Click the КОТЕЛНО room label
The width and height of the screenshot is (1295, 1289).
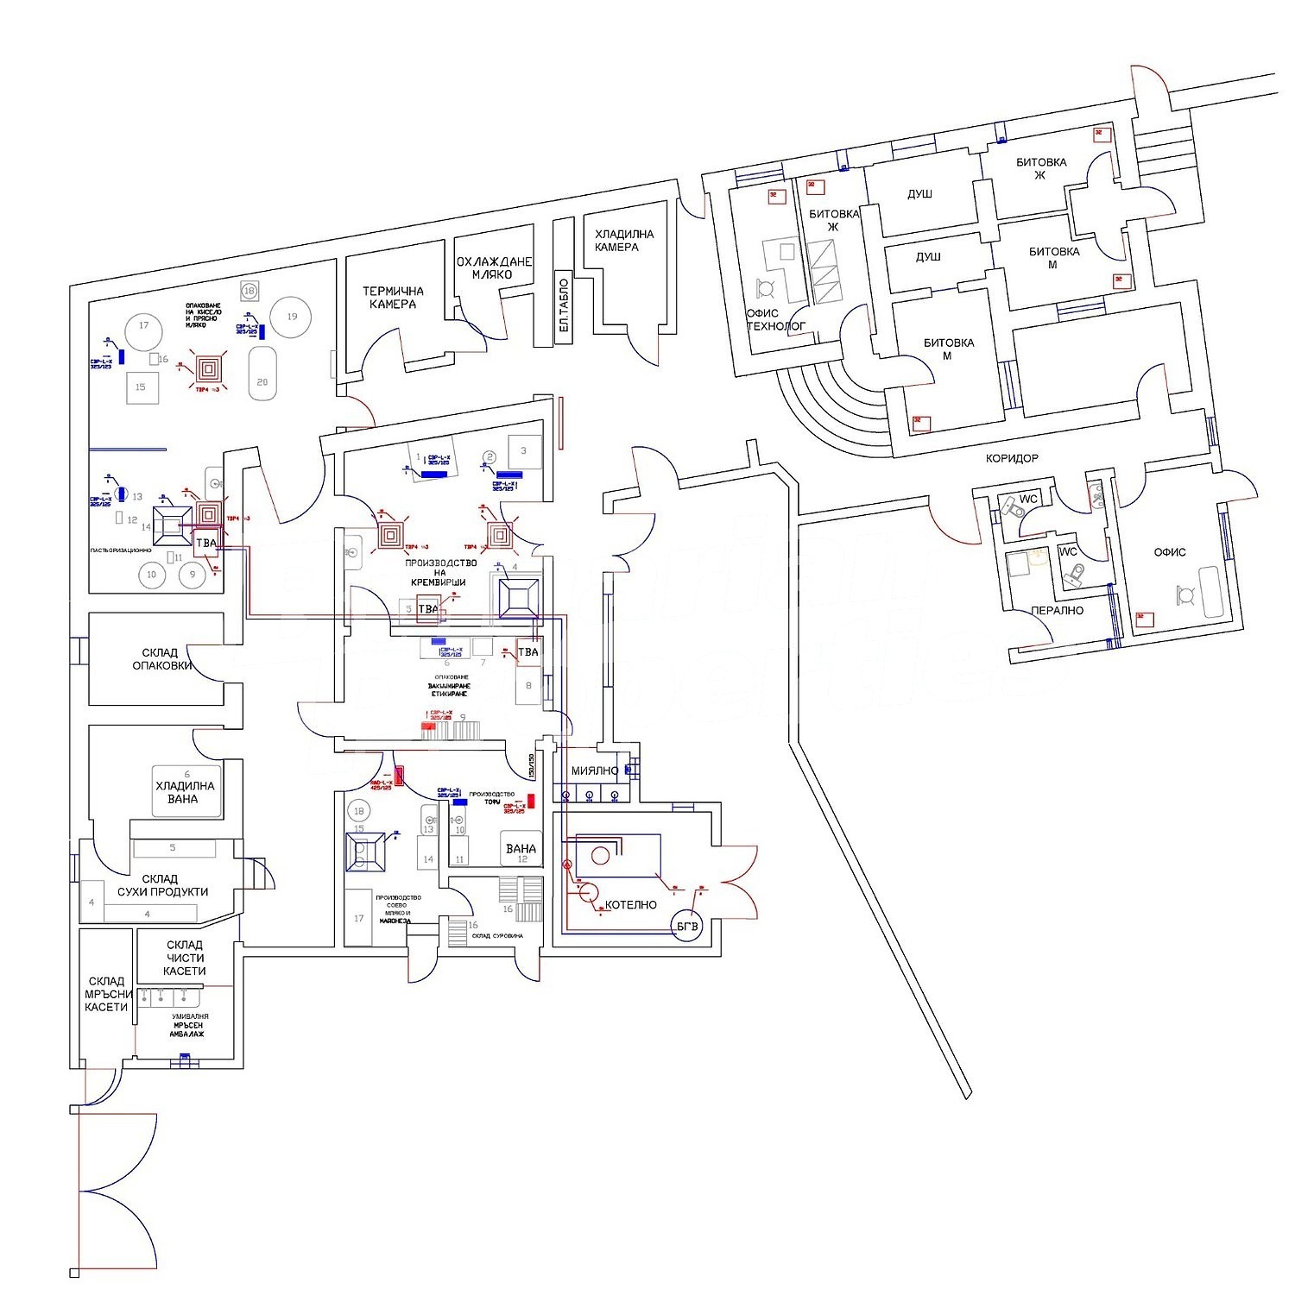click(631, 905)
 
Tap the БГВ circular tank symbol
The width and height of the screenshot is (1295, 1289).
click(688, 926)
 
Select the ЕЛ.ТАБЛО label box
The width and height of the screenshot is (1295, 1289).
click(564, 308)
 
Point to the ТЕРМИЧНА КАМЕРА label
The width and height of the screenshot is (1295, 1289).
click(393, 298)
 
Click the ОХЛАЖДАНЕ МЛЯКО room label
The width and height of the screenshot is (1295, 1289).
click(494, 267)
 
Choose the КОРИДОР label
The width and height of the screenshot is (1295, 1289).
click(1012, 458)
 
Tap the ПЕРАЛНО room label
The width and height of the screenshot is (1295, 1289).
click(1057, 611)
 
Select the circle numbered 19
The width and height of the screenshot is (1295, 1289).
click(292, 317)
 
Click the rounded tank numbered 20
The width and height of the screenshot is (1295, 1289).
click(262, 374)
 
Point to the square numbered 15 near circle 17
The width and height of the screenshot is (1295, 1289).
click(141, 387)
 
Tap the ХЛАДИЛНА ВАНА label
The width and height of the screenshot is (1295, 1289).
click(185, 792)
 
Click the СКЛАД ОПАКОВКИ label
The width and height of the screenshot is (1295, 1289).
click(161, 659)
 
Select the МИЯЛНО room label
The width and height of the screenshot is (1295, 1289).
click(595, 770)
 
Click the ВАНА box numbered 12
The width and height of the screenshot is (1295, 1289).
click(521, 849)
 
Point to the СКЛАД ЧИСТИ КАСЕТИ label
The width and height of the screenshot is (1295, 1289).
click(185, 958)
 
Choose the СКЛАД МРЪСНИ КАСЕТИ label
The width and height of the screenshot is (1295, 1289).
click(107, 994)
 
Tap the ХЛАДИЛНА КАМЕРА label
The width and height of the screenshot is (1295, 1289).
click(624, 240)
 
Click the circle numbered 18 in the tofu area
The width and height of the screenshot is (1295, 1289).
click(358, 811)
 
